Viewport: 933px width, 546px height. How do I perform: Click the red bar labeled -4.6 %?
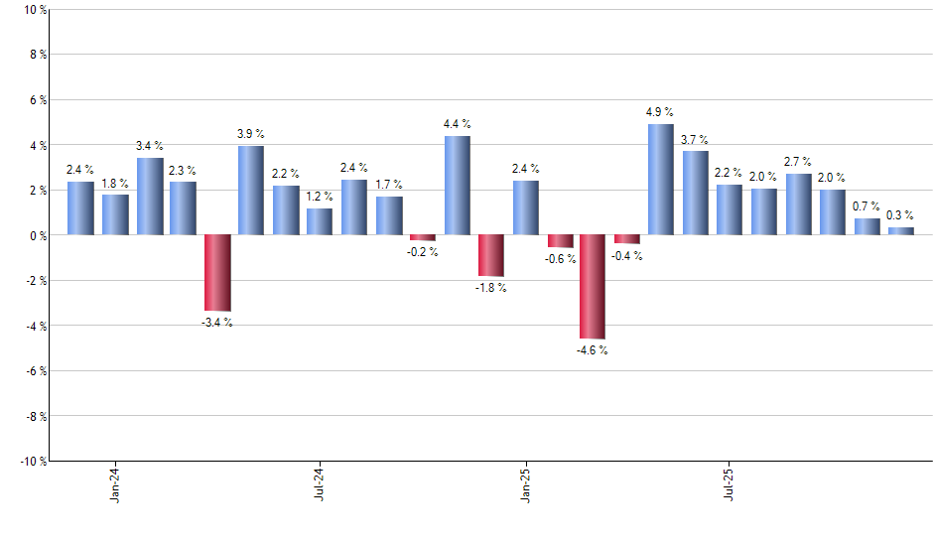tap(593, 287)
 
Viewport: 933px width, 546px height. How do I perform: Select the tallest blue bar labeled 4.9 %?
tap(661, 180)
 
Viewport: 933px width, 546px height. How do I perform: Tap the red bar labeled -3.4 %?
tap(217, 273)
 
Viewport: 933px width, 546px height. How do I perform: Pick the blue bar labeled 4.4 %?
tap(458, 186)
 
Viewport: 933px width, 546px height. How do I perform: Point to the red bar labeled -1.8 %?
tap(491, 255)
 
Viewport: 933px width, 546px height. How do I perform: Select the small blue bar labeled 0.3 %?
tap(900, 231)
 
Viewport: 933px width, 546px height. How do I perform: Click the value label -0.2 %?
tap(423, 252)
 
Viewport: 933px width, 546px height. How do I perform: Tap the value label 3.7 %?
tap(695, 139)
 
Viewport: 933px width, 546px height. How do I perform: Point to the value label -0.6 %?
tap(560, 259)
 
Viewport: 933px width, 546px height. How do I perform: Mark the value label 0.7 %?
tap(866, 206)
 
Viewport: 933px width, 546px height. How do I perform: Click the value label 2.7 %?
tap(798, 162)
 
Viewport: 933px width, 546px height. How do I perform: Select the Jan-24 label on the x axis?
tap(115, 483)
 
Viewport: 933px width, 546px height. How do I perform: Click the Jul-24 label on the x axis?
tap(320, 483)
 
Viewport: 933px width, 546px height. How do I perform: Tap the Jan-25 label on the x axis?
tap(525, 483)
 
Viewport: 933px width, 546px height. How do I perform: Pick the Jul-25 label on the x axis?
tap(730, 483)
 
